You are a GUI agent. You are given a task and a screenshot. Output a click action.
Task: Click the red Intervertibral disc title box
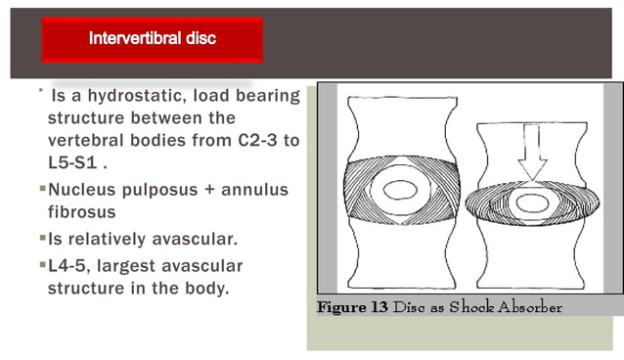point(152,39)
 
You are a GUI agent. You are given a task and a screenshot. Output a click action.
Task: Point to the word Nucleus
point(83,188)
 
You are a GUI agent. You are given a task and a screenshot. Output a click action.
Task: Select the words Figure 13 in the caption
point(352,309)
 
